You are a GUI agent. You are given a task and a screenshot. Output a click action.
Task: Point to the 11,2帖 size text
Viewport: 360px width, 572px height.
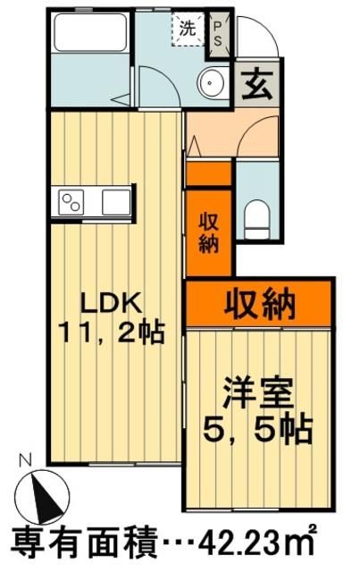[111, 333]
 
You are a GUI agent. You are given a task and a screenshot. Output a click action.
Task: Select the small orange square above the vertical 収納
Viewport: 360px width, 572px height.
[208, 172]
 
